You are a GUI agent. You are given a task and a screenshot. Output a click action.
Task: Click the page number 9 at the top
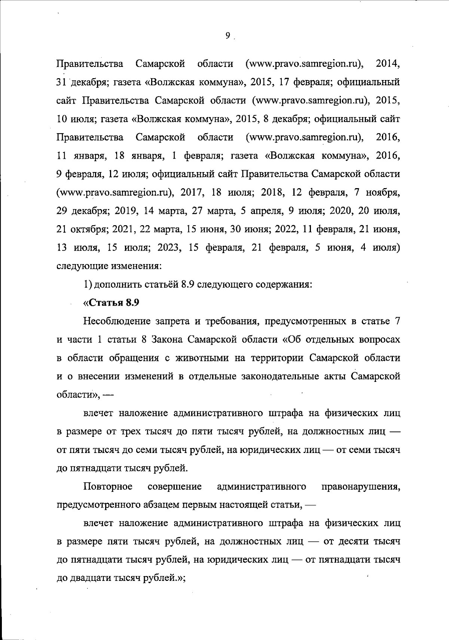(x=228, y=36)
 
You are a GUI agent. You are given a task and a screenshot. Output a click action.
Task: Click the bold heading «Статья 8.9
(x=111, y=303)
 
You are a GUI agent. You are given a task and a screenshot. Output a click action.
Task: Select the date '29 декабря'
(x=83, y=211)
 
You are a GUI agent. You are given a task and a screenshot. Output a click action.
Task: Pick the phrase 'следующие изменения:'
(x=109, y=266)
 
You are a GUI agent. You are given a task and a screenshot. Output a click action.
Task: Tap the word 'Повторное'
(x=108, y=487)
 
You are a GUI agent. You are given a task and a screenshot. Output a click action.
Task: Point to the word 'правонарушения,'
(x=361, y=487)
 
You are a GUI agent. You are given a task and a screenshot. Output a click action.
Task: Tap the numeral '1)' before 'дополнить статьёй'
(x=88, y=285)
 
